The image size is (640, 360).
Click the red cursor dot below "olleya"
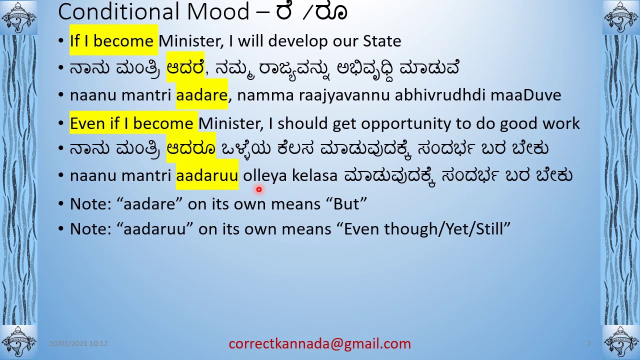(x=259, y=189)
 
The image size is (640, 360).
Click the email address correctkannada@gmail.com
(x=319, y=343)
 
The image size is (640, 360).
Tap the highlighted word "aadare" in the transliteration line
(x=201, y=95)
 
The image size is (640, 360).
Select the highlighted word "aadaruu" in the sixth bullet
(x=207, y=175)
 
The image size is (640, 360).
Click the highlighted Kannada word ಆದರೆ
(x=185, y=67)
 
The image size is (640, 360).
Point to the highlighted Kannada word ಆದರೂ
(x=191, y=148)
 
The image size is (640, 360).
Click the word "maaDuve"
(x=525, y=95)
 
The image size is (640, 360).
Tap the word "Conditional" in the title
(x=117, y=12)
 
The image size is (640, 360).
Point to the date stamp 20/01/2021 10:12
(x=78, y=343)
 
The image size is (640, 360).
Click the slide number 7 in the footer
(x=589, y=343)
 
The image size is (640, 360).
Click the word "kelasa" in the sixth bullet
(x=314, y=175)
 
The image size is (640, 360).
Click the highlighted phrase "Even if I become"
(x=131, y=123)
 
